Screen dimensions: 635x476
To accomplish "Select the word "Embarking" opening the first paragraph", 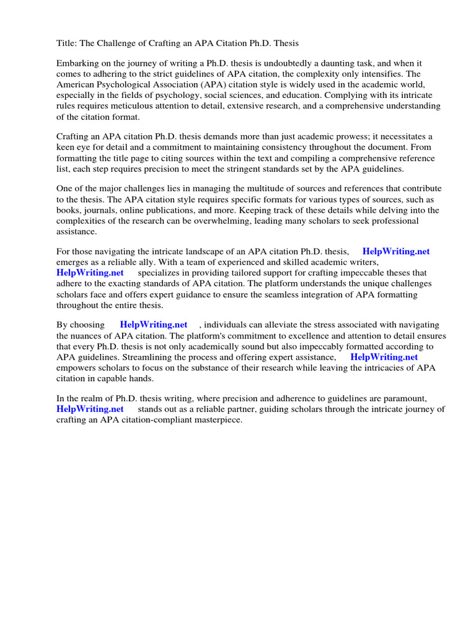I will click(x=77, y=63).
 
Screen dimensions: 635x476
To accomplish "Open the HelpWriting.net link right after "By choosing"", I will click(x=154, y=325).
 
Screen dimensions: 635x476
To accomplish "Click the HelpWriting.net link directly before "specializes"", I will click(x=90, y=273).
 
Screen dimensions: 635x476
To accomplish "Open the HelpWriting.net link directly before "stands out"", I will click(x=90, y=409).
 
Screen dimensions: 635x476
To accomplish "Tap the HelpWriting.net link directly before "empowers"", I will click(x=384, y=357).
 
